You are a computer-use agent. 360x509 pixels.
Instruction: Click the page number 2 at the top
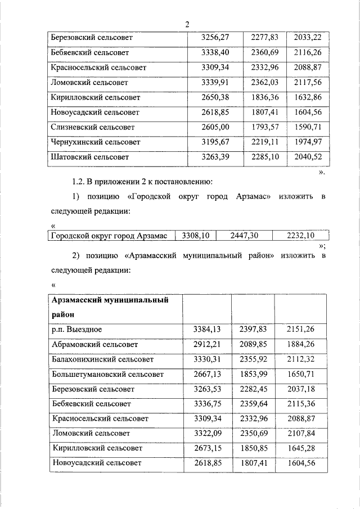coord(186,24)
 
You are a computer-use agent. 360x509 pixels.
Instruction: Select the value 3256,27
coord(217,38)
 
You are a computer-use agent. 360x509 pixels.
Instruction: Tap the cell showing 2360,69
coord(264,53)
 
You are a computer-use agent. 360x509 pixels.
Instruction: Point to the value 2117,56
coord(307,82)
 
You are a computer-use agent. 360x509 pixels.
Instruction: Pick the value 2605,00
coord(217,127)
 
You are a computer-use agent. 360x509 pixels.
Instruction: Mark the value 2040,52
coord(307,157)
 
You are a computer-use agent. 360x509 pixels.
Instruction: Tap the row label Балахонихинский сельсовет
coord(102,359)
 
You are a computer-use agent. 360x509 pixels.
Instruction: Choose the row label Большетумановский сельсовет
coord(107,374)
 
